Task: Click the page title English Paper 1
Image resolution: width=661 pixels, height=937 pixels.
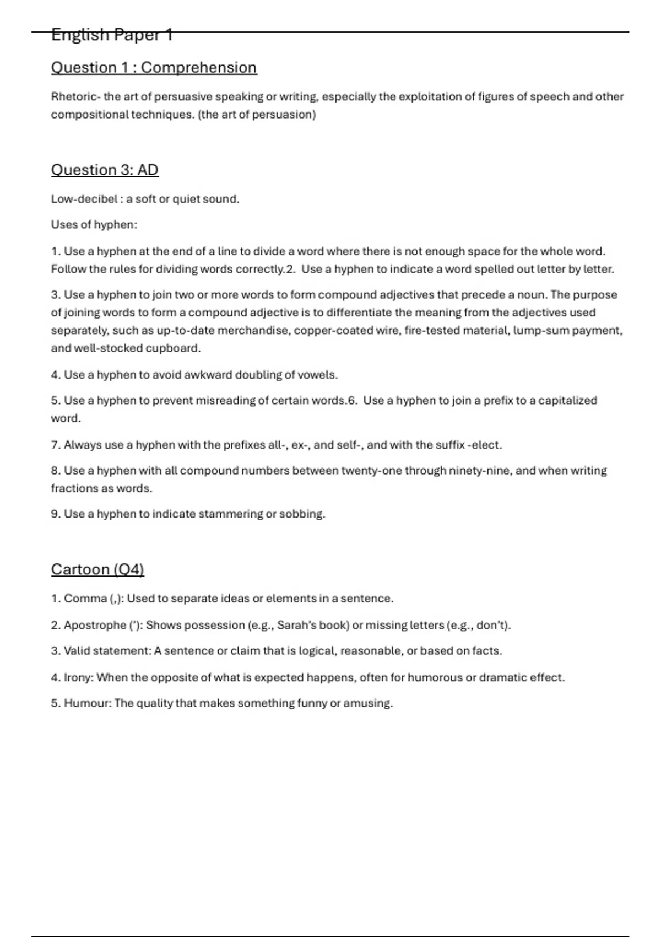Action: coord(112,35)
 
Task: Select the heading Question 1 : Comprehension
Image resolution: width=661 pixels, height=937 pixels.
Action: coord(154,68)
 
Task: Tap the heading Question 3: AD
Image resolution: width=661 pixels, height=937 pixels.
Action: coord(105,170)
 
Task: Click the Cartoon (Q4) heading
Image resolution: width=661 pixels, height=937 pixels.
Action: coord(97,569)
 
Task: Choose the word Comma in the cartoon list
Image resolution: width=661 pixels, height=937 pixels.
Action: coord(85,599)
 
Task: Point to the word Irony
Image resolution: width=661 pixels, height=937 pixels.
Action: coord(78,677)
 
